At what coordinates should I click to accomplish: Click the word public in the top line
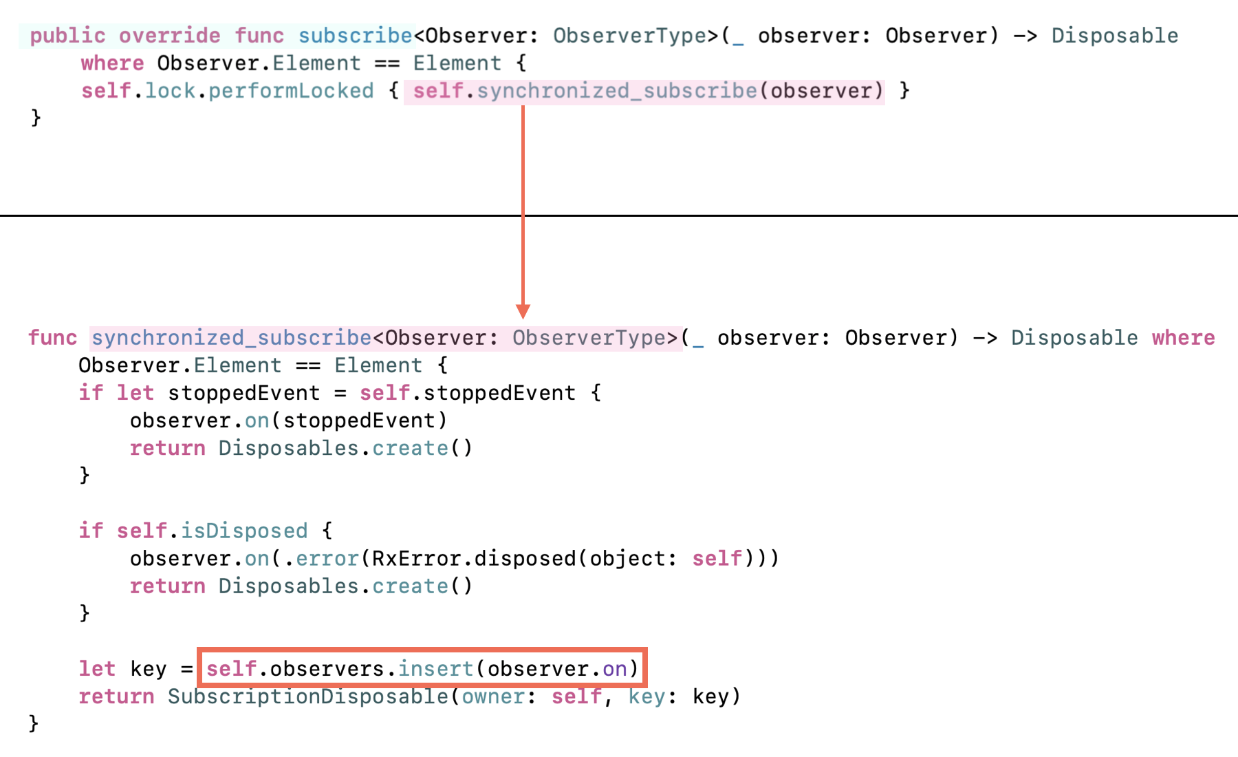point(67,36)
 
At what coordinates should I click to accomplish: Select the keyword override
point(169,36)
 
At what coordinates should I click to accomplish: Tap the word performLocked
point(291,91)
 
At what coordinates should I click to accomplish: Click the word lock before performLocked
point(170,91)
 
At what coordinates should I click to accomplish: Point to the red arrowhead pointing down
point(523,311)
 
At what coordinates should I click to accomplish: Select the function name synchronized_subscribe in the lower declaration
point(232,338)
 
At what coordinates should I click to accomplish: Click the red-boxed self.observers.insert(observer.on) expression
point(422,668)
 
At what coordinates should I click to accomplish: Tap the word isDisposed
point(244,531)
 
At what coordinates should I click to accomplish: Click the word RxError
point(416,558)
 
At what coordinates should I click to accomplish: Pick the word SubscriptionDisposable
point(307,696)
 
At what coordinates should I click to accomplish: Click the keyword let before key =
point(97,668)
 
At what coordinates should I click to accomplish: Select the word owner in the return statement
point(493,696)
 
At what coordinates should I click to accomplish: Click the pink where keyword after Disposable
point(1183,338)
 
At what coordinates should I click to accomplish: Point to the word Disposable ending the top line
point(1114,36)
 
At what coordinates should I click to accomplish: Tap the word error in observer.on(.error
point(327,558)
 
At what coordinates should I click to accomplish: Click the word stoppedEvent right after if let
point(243,393)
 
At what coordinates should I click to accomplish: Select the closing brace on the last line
point(34,723)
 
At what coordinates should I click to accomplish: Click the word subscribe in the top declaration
point(355,36)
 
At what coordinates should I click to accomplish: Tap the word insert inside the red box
point(436,668)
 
